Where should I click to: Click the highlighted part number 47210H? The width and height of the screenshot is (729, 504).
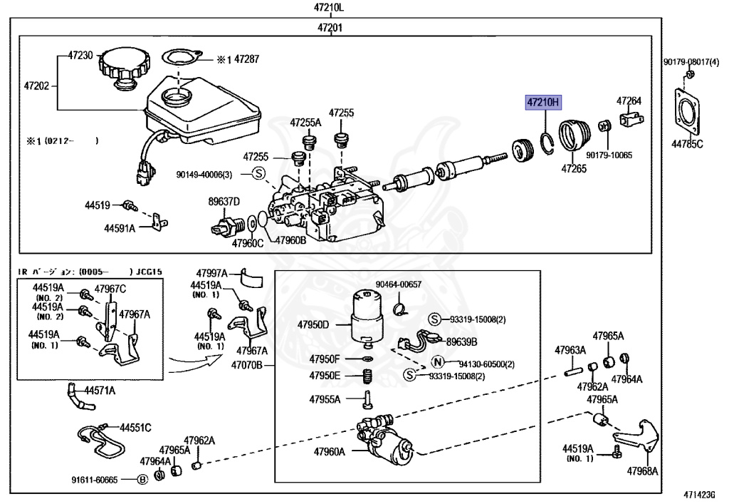543,103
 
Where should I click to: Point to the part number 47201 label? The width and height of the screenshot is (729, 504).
330,28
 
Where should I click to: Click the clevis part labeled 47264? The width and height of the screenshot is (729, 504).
630,120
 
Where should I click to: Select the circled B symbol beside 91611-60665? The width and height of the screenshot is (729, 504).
142,480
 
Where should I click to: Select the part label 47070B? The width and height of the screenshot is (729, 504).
246,366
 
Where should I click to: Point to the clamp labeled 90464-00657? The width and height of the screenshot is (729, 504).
400,308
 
